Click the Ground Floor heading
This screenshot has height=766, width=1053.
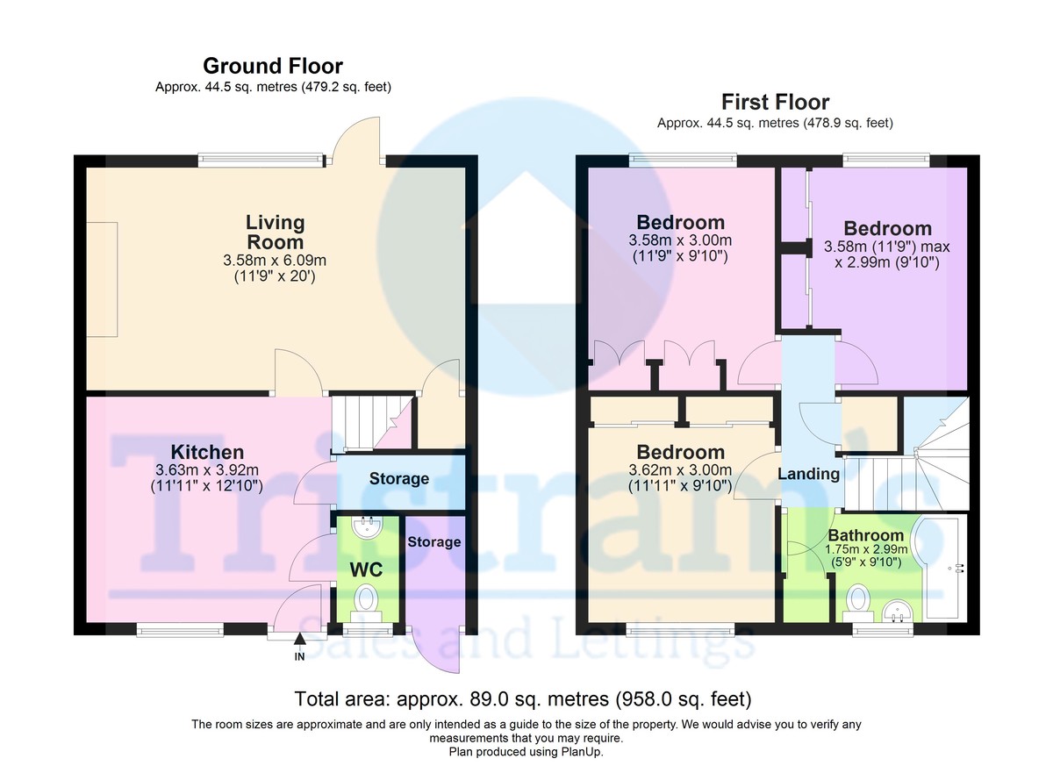(x=273, y=66)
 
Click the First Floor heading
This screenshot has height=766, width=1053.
(x=775, y=102)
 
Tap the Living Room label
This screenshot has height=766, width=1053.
(x=275, y=233)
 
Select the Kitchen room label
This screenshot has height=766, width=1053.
(x=207, y=452)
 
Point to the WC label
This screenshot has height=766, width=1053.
(x=366, y=569)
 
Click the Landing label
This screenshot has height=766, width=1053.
(x=808, y=474)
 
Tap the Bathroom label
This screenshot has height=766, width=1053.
(x=865, y=535)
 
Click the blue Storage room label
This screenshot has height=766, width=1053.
(x=398, y=479)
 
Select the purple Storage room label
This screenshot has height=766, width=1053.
(x=433, y=541)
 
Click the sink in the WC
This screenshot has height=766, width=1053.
(x=365, y=526)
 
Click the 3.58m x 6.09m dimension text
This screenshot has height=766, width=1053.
(x=275, y=261)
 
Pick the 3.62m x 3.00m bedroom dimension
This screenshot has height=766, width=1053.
(x=681, y=473)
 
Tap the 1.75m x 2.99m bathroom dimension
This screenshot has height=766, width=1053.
(x=865, y=551)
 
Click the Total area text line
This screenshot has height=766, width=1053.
(x=523, y=699)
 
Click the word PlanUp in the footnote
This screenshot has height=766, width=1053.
(x=579, y=752)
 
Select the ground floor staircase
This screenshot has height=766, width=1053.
(x=362, y=422)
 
